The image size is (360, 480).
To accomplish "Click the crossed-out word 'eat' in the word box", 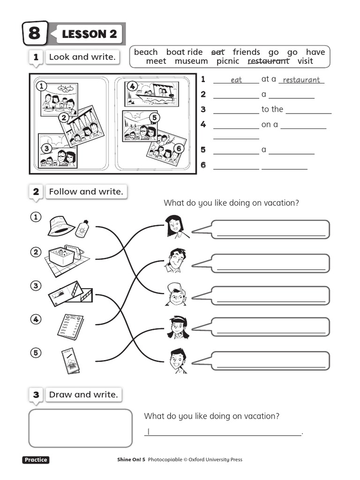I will click(x=218, y=52).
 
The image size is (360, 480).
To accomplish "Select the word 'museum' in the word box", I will click(x=191, y=61).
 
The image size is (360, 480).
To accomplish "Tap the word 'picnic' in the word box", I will click(x=228, y=61).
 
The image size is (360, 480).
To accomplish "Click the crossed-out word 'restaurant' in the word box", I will click(x=268, y=61).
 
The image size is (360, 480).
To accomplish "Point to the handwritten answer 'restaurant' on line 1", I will click(x=301, y=80).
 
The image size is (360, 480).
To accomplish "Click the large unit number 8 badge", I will click(x=35, y=33).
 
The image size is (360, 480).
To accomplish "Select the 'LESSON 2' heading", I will click(x=89, y=34).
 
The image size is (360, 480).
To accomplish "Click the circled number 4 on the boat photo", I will click(x=133, y=86).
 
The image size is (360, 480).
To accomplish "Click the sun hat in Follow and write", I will click(x=61, y=226).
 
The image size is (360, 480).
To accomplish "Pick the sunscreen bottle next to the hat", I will click(x=82, y=229).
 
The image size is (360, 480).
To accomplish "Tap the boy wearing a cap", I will click(x=176, y=294).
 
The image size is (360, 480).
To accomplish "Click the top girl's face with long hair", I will click(x=173, y=227).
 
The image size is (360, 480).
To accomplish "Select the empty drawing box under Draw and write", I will click(x=81, y=428).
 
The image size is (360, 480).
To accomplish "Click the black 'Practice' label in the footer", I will click(x=36, y=460).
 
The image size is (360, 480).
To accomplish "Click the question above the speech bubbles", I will click(x=231, y=203).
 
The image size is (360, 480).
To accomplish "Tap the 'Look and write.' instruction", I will click(x=82, y=57).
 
